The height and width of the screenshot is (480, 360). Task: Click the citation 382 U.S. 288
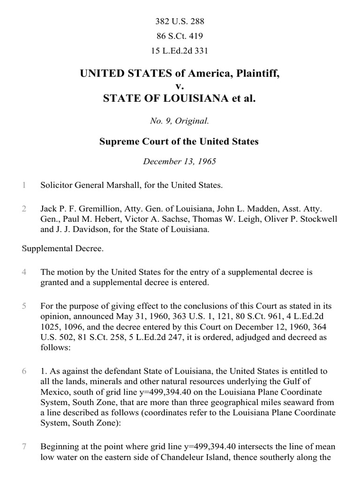[x=180, y=22]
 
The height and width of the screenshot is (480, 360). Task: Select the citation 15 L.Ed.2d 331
[x=180, y=50]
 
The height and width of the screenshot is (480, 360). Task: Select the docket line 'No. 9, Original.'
[x=179, y=121]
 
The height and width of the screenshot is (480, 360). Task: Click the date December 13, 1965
[x=179, y=161]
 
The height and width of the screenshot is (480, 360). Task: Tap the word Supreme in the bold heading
[x=117, y=141]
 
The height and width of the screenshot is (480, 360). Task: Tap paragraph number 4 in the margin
[x=23, y=272]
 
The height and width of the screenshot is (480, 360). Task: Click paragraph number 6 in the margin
[x=23, y=371]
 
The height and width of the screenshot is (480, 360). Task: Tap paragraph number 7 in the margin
[x=23, y=447]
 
